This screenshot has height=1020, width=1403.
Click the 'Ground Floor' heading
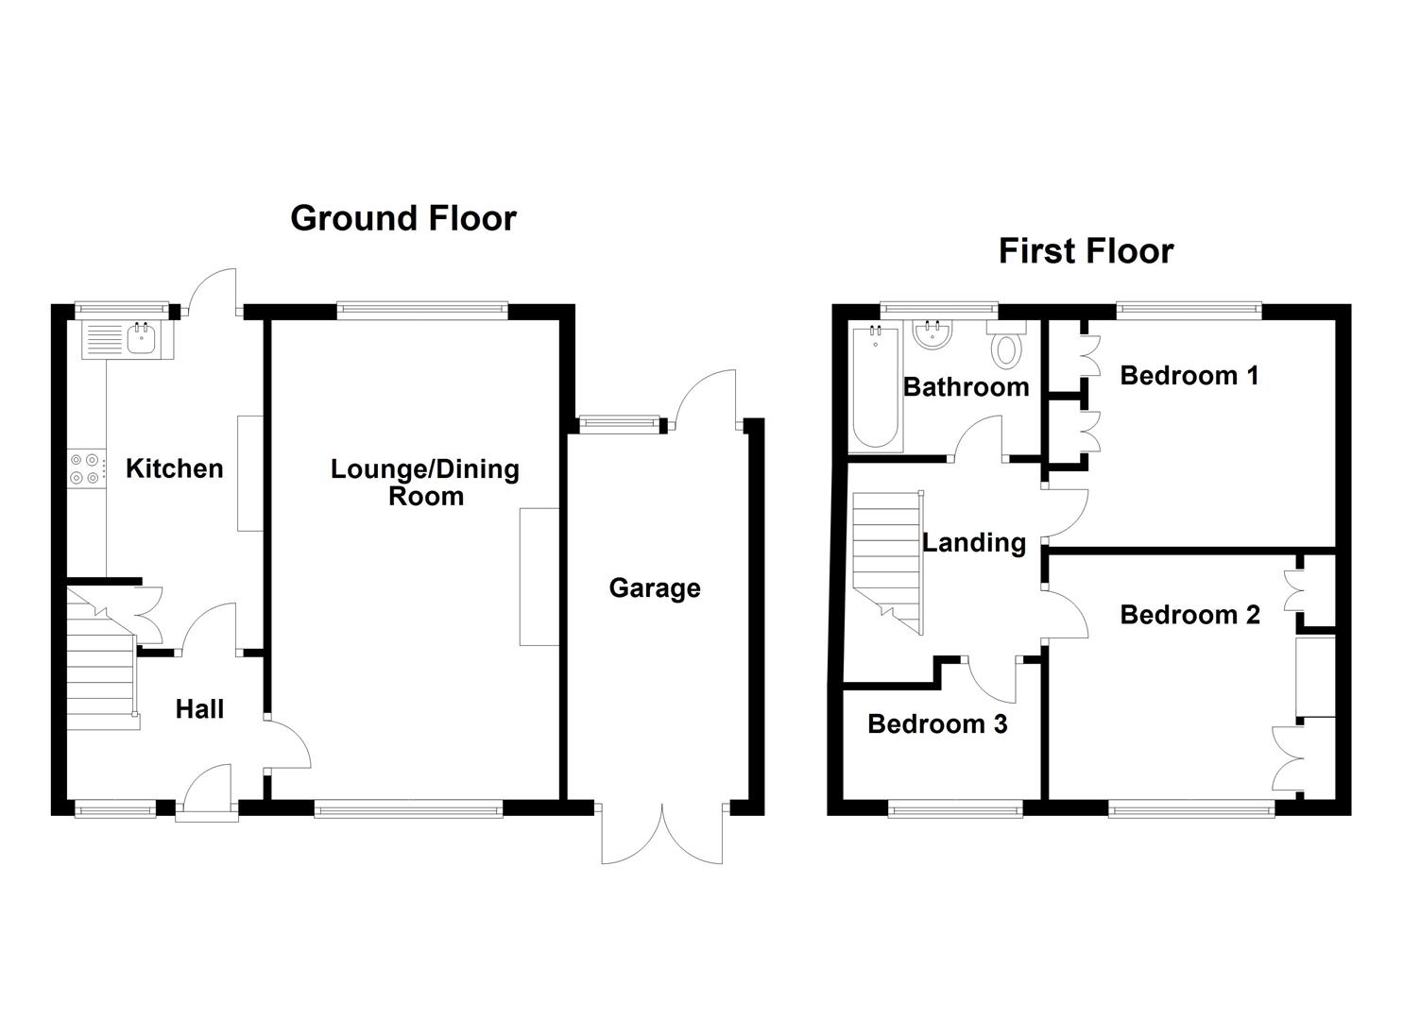point(403,218)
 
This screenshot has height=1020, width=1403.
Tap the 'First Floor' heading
point(1086,251)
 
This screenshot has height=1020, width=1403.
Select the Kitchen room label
point(175,468)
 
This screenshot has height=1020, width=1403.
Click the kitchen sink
point(142,338)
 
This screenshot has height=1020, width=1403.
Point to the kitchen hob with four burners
point(85,469)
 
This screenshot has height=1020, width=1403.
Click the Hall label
point(199,709)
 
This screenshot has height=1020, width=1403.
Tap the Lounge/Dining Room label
point(425,482)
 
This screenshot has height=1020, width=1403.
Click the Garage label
point(655,588)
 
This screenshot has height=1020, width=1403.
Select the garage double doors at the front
point(663,831)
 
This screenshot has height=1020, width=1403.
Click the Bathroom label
point(966,386)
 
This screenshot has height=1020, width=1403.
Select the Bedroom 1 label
point(1189,376)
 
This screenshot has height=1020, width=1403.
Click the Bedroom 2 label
point(1189,615)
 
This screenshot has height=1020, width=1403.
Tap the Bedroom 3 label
point(937,724)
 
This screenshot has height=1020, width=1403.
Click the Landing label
point(974,543)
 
